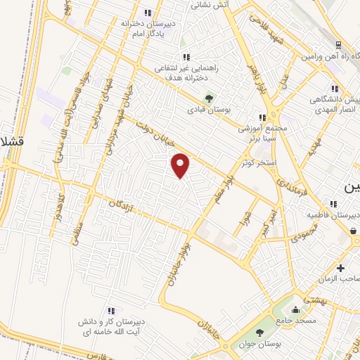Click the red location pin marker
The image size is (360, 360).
(x=181, y=165)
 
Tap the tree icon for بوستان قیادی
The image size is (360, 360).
(x=207, y=98)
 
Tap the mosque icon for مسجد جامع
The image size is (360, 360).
(x=295, y=310)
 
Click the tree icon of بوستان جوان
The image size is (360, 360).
(x=261, y=333)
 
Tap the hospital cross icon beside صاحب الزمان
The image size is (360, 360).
(x=341, y=268)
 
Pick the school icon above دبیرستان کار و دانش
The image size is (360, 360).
(x=110, y=309)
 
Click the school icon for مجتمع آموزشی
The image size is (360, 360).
(x=262, y=118)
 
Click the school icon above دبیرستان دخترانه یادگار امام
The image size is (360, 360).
(x=148, y=12)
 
